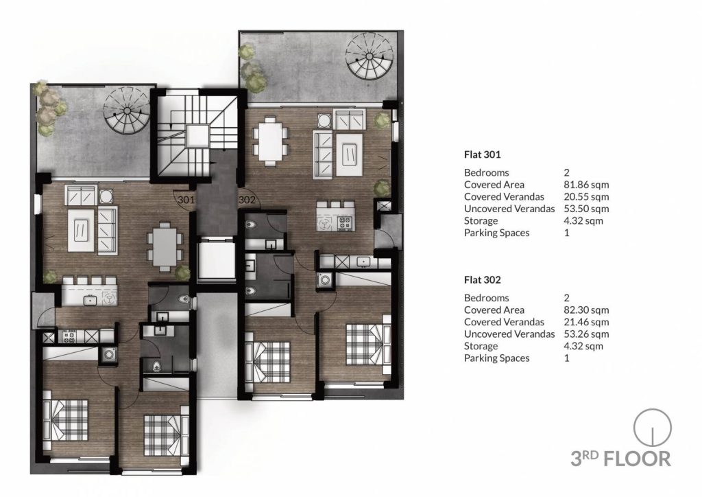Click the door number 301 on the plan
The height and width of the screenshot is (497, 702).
pos(186,200)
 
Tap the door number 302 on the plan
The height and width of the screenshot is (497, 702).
pos(247,200)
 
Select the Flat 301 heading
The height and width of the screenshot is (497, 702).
pos(482,154)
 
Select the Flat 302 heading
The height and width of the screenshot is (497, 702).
pos(482,280)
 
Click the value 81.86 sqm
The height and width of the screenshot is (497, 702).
pos(586,185)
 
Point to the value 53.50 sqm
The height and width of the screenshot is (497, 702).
pos(586,209)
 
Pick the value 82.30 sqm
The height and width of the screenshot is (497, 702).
pos(586,310)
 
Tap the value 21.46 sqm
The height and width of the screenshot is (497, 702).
pos(586,322)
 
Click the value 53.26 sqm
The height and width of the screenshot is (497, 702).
pos(586,334)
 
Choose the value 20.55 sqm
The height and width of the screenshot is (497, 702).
pos(586,197)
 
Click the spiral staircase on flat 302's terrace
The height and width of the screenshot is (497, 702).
pos(370,56)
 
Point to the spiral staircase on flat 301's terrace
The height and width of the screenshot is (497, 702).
pos(127,111)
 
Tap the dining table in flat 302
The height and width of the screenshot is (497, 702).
pos(270,141)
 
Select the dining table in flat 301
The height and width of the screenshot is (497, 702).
pos(165,247)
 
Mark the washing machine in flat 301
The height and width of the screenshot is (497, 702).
pos(108,355)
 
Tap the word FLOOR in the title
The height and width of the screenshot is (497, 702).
pos(637,459)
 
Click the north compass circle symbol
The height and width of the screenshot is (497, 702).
pos(653,428)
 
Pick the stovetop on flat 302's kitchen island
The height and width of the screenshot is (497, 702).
pos(344,222)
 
